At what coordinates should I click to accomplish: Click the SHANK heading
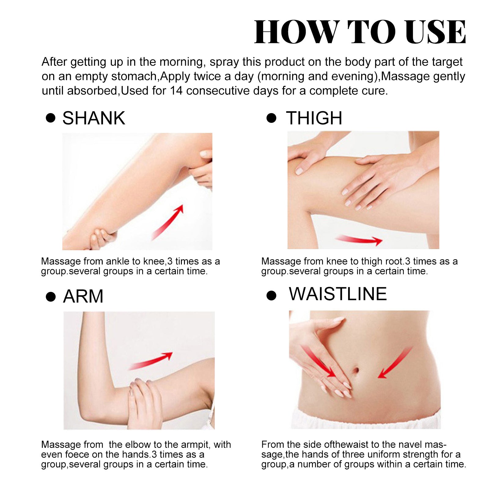tap(94, 118)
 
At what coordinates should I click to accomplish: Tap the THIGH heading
tap(314, 118)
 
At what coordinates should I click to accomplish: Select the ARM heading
tap(83, 296)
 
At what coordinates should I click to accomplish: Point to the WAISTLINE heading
tap(338, 294)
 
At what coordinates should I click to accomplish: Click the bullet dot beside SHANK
tap(50, 118)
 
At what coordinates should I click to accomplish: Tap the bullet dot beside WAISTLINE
tap(271, 296)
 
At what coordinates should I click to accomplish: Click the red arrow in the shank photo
tap(168, 222)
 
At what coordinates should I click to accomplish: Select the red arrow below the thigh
tap(359, 240)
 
